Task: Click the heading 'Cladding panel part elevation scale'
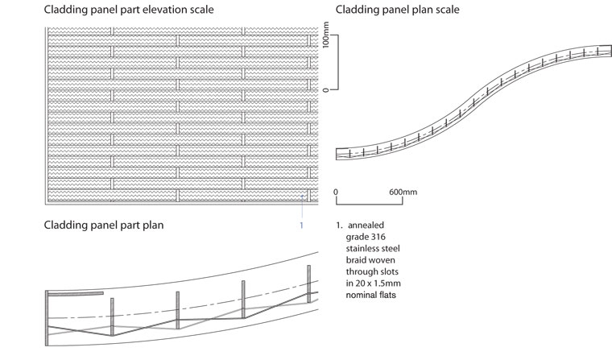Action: pyautogui.click(x=129, y=10)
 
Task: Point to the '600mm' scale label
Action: pyautogui.click(x=403, y=192)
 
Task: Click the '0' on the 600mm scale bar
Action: pyautogui.click(x=335, y=192)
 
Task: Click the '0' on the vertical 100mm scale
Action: pyautogui.click(x=326, y=89)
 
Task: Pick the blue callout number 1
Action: pyautogui.click(x=301, y=226)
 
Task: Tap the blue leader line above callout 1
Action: pyautogui.click(x=301, y=205)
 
